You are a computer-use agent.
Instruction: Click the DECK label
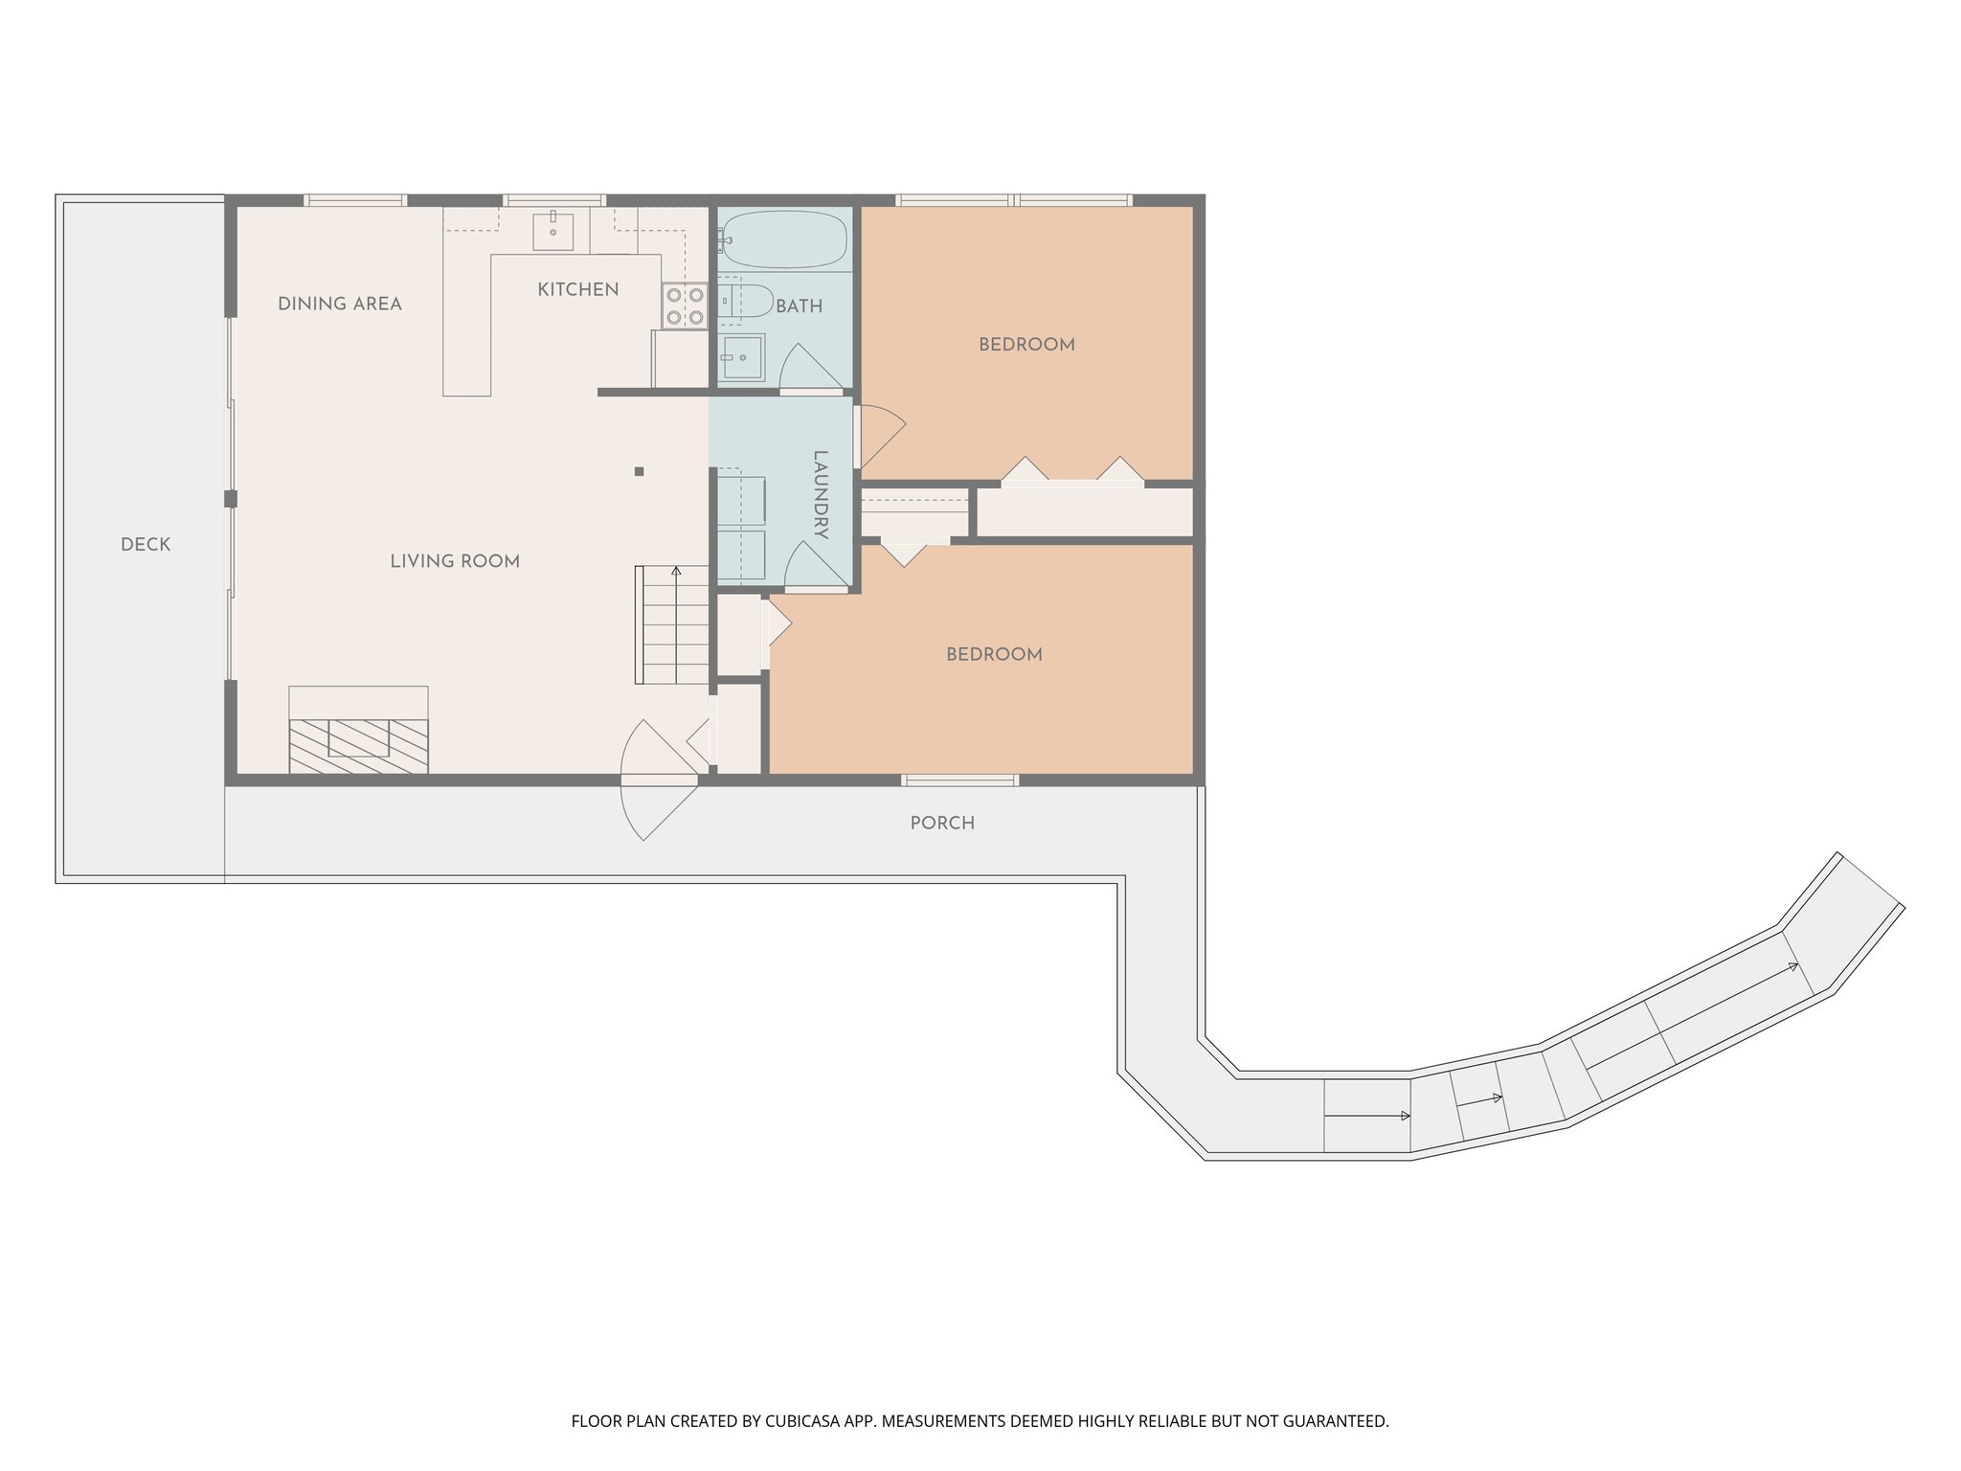click(x=146, y=545)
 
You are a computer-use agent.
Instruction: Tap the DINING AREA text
click(x=340, y=304)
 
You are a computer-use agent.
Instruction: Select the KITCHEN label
click(x=578, y=289)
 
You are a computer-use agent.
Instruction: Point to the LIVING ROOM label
click(x=455, y=561)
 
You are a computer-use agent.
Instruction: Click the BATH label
click(x=800, y=306)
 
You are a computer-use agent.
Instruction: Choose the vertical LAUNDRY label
click(x=821, y=495)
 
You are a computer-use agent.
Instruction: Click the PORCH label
click(x=942, y=824)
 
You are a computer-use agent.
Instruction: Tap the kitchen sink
click(x=553, y=231)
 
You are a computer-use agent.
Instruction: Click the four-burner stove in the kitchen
click(x=685, y=306)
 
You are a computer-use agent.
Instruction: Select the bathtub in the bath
click(x=784, y=238)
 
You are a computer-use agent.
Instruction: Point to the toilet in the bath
click(x=745, y=301)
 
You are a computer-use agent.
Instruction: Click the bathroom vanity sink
click(x=742, y=357)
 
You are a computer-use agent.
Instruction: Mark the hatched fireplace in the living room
click(x=359, y=745)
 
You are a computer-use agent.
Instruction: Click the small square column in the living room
click(x=640, y=471)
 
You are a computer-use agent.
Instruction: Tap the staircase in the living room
click(x=672, y=624)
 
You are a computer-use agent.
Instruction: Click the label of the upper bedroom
click(x=1026, y=345)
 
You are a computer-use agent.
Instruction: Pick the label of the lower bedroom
click(x=994, y=655)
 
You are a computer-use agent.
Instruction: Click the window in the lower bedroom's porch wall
click(x=960, y=781)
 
